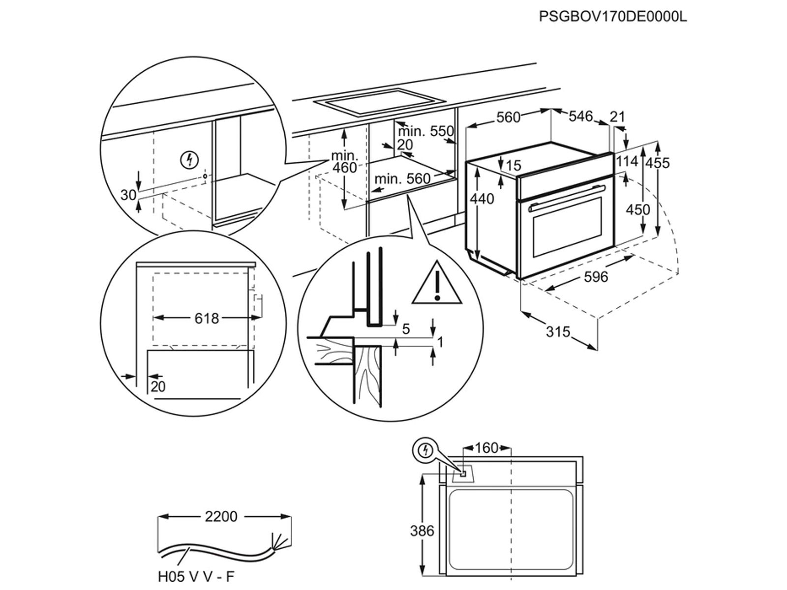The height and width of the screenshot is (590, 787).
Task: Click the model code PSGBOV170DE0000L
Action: [612, 16]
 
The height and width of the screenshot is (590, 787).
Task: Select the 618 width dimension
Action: [207, 319]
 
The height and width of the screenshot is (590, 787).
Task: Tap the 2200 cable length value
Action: [221, 517]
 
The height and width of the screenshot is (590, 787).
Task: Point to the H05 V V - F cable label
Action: [193, 576]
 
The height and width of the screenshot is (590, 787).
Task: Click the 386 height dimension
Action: [422, 531]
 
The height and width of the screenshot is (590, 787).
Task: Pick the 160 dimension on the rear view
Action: [486, 448]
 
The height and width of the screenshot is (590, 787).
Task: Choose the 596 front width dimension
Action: [596, 277]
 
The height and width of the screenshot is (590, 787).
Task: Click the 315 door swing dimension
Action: [558, 332]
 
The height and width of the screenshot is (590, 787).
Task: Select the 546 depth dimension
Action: [581, 116]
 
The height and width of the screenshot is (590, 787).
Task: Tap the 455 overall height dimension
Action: [658, 162]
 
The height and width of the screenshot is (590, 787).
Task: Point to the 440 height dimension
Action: [482, 199]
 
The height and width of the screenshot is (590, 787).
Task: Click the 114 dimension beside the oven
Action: [627, 161]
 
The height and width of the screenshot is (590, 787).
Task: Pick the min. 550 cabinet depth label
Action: [425, 131]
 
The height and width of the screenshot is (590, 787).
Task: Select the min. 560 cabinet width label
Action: [402, 178]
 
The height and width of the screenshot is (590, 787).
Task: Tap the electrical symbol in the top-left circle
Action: [190, 160]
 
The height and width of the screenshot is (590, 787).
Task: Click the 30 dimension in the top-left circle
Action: [128, 195]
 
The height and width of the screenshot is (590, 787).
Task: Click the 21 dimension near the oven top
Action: [617, 117]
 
